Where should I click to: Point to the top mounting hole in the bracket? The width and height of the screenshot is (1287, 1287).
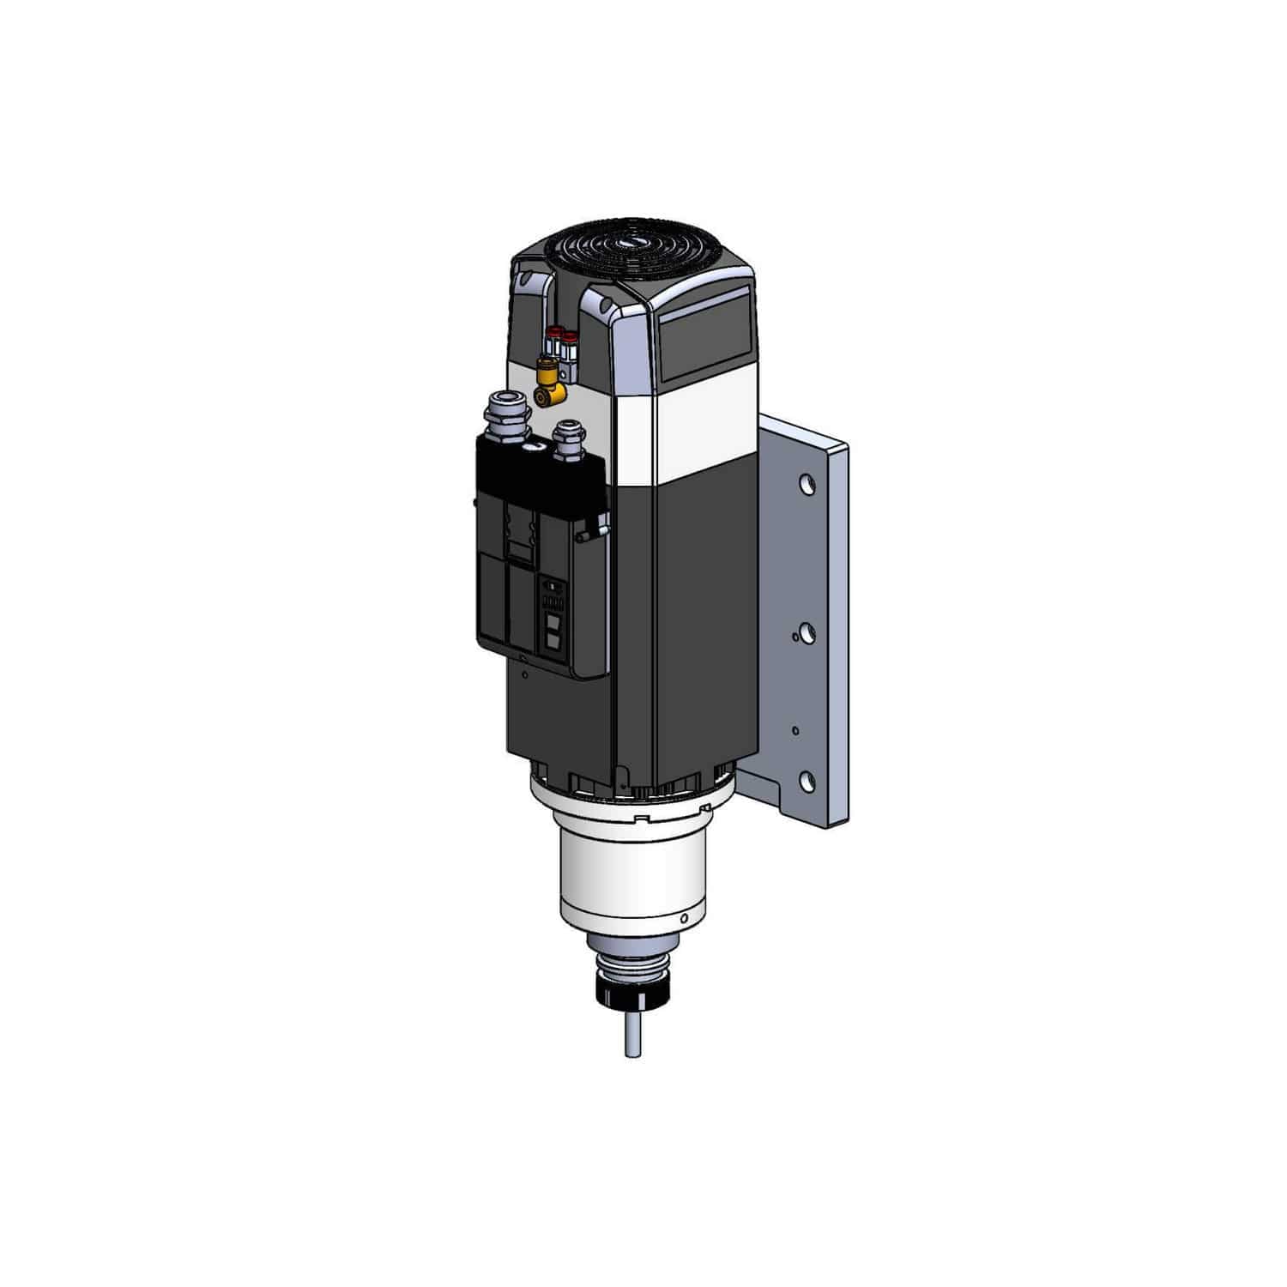pos(806,485)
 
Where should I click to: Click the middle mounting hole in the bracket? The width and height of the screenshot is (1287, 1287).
pos(806,633)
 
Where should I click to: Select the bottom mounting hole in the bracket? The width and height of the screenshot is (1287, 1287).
pos(806,779)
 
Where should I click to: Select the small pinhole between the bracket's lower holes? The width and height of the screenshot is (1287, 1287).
pos(796,730)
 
